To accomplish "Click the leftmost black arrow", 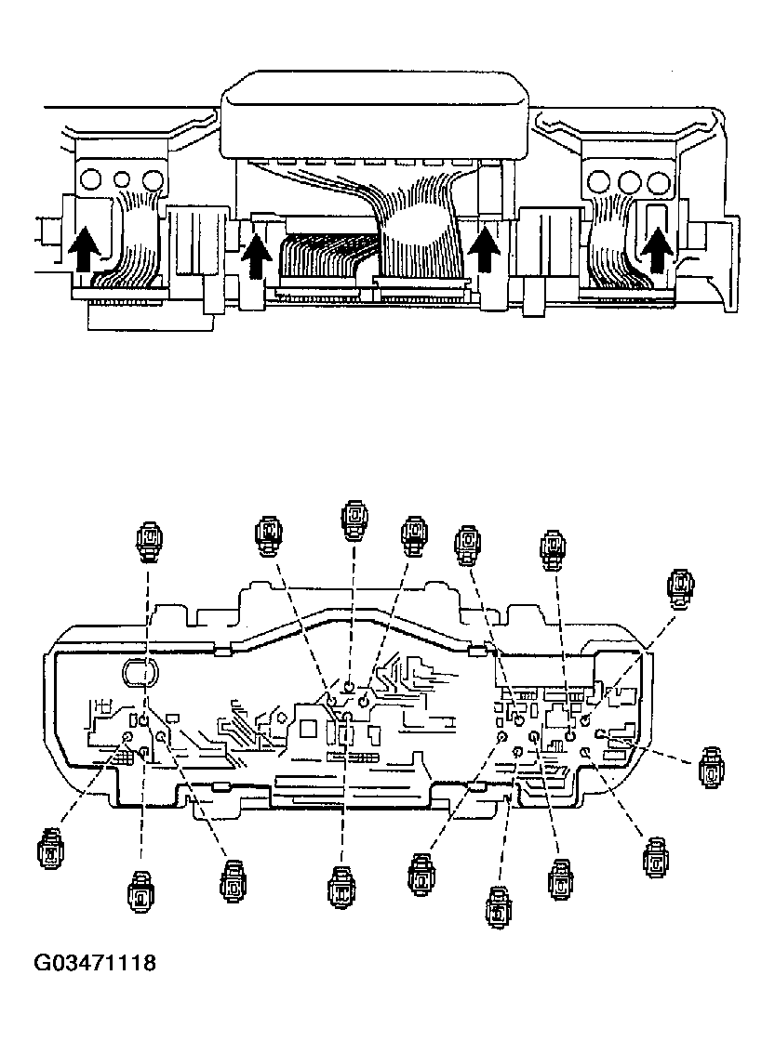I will click(x=83, y=249).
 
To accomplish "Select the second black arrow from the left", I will click(x=255, y=254).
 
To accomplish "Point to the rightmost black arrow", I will click(x=659, y=250).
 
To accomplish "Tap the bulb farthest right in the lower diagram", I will click(x=712, y=768).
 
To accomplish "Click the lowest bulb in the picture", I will click(x=499, y=907).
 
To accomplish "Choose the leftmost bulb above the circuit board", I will click(x=149, y=541).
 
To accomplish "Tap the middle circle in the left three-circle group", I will click(x=120, y=178).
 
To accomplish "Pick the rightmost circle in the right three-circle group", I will click(x=660, y=181).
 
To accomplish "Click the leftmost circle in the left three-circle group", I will click(x=90, y=178).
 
